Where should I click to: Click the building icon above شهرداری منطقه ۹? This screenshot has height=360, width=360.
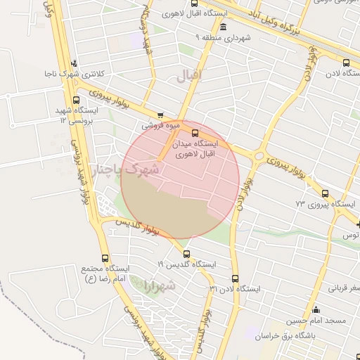223,27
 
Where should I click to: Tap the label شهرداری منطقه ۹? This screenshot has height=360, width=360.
224,37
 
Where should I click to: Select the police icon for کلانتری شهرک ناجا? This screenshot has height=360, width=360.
74,64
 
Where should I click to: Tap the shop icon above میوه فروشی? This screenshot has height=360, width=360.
161,115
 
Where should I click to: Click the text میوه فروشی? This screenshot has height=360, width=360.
161,126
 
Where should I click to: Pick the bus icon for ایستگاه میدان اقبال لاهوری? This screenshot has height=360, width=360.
195,133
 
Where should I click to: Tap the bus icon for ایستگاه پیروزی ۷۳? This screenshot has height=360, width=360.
324,193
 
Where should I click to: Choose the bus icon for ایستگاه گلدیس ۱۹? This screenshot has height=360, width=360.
186,254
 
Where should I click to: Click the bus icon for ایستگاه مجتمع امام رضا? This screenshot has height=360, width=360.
105,258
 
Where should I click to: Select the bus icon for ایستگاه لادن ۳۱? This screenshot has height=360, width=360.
235,278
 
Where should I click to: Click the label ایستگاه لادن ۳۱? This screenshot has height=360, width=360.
235,289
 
